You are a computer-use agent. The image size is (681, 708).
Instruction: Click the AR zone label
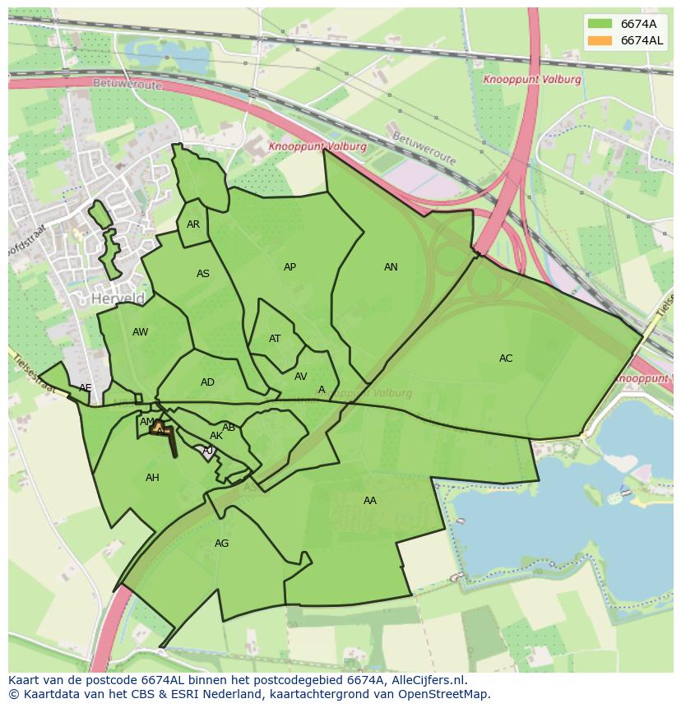point(193,224)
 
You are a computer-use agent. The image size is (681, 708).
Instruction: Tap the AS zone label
point(203,274)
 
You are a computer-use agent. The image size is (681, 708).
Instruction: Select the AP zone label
point(290,267)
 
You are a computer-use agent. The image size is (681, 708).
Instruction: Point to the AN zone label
point(391,267)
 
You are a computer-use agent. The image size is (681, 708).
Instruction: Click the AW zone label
point(140,332)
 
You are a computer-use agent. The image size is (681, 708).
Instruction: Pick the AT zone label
point(275,339)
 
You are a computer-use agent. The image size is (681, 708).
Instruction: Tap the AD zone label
point(207,382)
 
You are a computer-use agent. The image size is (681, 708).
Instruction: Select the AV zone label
point(300,377)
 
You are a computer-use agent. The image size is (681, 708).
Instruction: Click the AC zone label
point(506,359)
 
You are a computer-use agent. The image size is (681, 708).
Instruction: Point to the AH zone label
point(152,478)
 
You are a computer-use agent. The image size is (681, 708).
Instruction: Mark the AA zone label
point(370,501)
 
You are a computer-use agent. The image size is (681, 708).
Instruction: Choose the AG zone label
point(221,544)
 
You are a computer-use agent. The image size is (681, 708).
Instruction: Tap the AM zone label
point(146,422)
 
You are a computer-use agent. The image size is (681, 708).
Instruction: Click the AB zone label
point(229,428)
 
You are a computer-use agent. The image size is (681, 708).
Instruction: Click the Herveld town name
point(118,299)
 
